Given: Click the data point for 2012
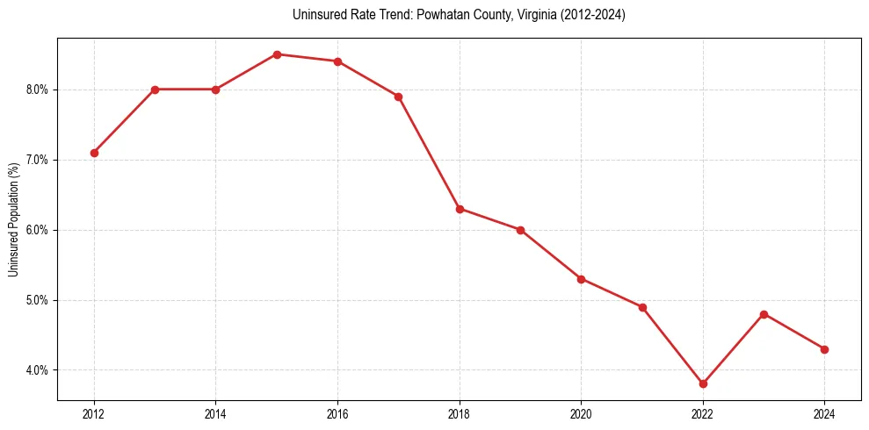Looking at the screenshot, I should tap(94, 153).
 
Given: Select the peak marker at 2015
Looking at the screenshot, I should tap(277, 54).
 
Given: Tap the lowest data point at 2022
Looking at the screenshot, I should tap(703, 383).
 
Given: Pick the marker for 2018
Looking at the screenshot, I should tap(460, 209).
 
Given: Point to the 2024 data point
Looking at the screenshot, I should tap(824, 349).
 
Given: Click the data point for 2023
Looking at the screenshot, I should tap(764, 314).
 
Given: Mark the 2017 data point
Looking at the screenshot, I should tap(398, 97).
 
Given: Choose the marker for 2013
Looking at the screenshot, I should tap(155, 90).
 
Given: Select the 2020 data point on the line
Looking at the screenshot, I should tap(581, 279).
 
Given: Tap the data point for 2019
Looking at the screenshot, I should tap(520, 230).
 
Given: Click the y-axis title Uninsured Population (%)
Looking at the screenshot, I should tap(13, 219).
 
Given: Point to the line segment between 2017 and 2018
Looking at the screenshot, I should tap(429, 153).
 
